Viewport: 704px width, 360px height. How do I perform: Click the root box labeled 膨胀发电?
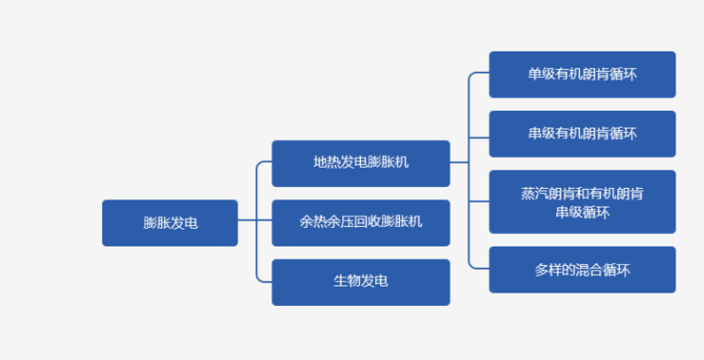(x=169, y=223)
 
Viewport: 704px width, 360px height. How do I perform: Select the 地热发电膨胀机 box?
(x=360, y=163)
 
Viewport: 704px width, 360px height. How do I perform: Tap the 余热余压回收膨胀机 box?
(x=360, y=223)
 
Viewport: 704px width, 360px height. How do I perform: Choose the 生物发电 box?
(x=360, y=282)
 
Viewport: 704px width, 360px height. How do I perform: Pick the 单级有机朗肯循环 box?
(x=582, y=74)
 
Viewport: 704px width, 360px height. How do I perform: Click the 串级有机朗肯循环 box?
(x=582, y=134)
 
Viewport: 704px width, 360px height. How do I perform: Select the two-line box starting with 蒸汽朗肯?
(x=582, y=202)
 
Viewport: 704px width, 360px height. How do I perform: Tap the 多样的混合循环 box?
(x=582, y=270)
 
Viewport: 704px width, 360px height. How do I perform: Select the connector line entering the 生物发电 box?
(x=264, y=282)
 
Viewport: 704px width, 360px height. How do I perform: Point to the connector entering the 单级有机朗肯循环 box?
(x=479, y=74)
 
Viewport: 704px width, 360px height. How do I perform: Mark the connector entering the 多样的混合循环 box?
(x=479, y=270)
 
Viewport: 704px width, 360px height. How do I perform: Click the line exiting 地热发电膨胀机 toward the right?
(x=458, y=163)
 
